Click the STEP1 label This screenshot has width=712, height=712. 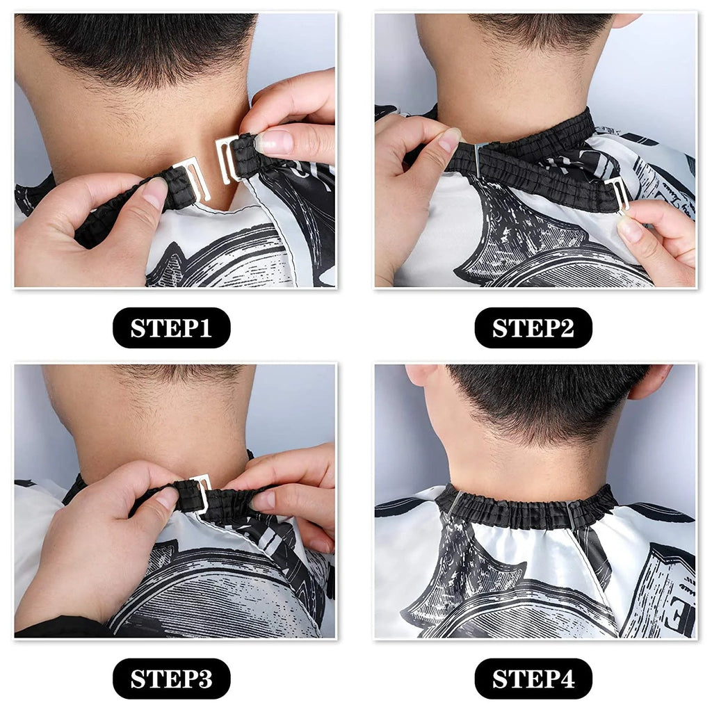pos(171,328)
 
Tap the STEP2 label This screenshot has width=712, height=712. pos(533,328)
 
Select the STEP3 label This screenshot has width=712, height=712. pos(171,679)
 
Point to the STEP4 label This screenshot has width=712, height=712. pos(533,679)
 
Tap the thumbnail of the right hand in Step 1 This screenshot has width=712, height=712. pos(273,142)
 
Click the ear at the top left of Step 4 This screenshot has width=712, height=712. pos(420,375)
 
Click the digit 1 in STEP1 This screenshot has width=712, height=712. pos(206,328)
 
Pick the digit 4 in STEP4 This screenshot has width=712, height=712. pos(567,679)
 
